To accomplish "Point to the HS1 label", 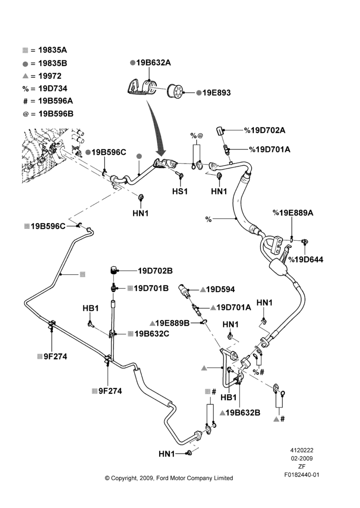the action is point(180,192).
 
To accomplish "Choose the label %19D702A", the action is point(264,130).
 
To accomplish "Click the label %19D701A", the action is point(269,149).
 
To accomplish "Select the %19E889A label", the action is point(293,213).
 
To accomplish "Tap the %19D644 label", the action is point(306,260).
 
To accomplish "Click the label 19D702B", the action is point(156,271).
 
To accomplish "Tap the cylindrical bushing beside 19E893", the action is point(175,91).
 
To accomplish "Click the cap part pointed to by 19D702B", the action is point(113,270).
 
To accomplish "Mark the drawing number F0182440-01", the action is point(302,474).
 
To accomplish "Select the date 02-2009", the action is point(302,458).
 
